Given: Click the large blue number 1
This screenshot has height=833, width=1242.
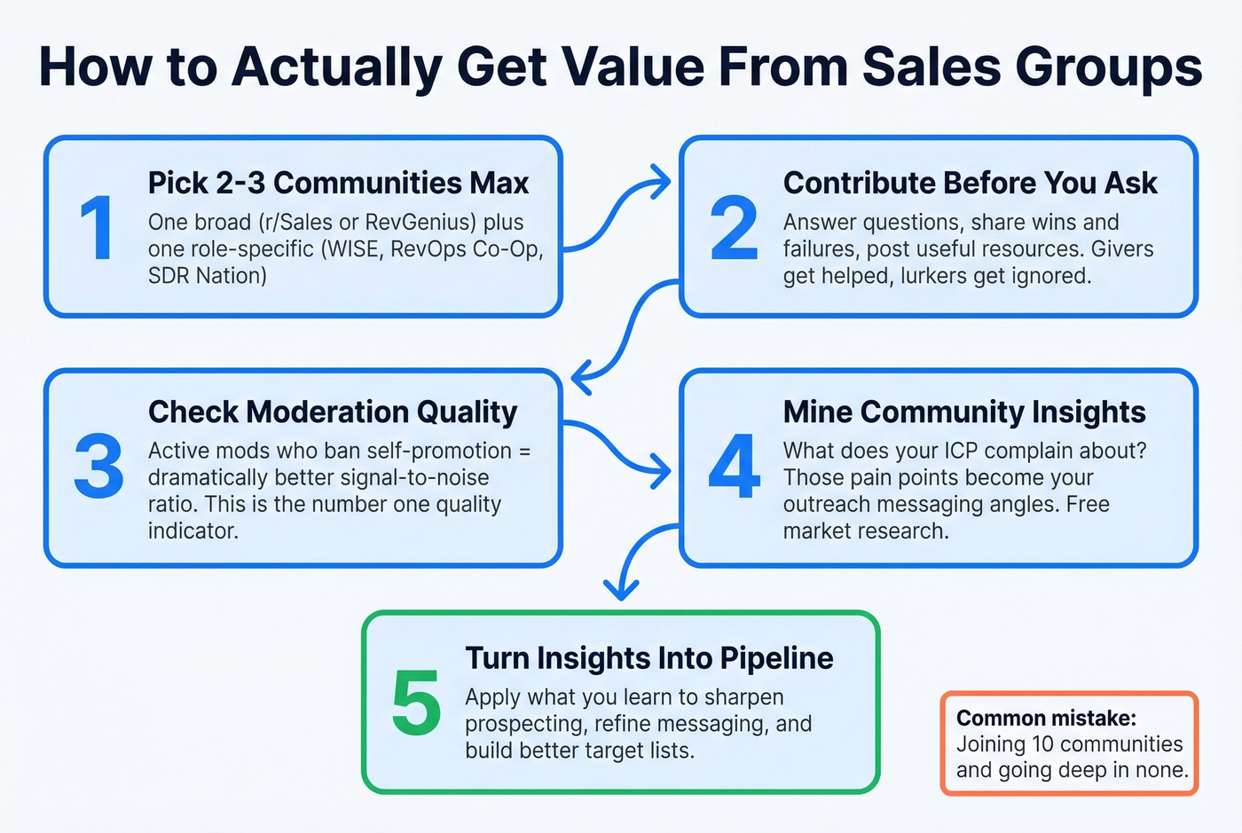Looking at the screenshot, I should click(97, 229).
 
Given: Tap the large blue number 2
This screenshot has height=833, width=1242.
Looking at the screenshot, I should click(734, 229).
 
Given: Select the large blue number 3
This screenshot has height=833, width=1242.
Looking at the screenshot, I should click(98, 466).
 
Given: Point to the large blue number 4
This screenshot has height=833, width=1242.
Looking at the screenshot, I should click(734, 466).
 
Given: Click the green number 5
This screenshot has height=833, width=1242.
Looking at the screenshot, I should click(416, 703).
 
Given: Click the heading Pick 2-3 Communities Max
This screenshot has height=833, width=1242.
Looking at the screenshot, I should click(338, 183).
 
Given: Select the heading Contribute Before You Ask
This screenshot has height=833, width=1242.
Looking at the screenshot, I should click(970, 183).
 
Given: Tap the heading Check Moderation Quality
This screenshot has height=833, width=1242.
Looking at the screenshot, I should click(333, 412).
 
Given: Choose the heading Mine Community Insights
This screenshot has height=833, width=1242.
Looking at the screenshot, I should click(964, 412).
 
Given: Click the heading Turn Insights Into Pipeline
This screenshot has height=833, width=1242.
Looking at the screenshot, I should click(649, 658).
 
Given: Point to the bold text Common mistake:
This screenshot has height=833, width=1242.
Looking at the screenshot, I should click(1046, 718).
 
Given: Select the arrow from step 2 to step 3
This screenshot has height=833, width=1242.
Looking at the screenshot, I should click(625, 333).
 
